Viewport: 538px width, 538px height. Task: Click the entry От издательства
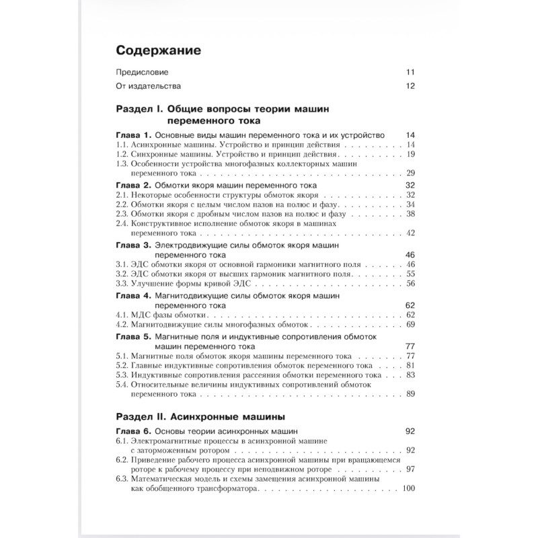[x=149, y=86]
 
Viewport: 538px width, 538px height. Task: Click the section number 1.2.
[x=121, y=154]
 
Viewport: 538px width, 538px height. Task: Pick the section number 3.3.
[x=121, y=283]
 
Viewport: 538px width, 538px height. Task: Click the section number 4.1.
[x=121, y=314]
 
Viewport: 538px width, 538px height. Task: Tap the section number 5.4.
[x=121, y=384]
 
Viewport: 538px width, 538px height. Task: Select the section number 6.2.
[x=121, y=459]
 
